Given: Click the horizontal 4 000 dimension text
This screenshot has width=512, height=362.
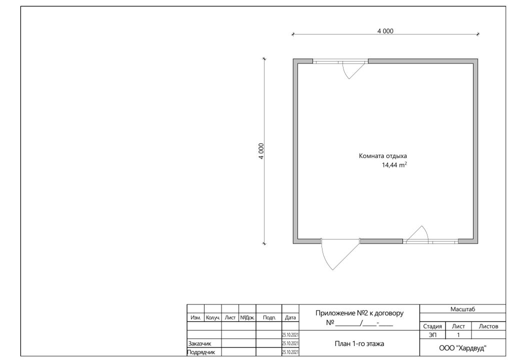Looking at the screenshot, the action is click(385, 31).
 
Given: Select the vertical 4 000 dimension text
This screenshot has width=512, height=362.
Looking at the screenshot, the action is click(261, 151).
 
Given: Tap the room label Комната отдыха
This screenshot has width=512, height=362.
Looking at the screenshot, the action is click(382, 156).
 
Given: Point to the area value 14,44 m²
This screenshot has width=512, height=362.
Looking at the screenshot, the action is click(394, 165).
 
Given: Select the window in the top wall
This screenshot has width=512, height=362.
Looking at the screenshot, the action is click(340, 61).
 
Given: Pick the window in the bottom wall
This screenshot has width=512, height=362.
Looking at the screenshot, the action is click(430, 241).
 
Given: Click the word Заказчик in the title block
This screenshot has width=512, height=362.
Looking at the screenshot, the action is click(199, 343).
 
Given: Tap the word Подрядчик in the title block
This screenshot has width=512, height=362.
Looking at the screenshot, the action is click(201, 352).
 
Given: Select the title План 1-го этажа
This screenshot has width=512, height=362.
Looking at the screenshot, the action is click(359, 343).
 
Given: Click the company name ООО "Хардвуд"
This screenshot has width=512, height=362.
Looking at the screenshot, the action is click(462, 348).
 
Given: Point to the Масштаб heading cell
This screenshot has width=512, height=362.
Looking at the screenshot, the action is click(462, 309).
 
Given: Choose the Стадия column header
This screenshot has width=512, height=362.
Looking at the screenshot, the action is click(432, 326).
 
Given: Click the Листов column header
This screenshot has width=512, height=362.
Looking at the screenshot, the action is click(488, 326).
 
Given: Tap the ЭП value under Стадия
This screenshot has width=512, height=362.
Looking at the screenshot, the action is click(432, 335).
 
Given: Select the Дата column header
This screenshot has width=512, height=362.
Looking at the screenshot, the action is click(290, 317).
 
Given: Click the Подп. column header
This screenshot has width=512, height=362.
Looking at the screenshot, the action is click(269, 317).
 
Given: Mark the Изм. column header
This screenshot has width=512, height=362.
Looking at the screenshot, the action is click(195, 317).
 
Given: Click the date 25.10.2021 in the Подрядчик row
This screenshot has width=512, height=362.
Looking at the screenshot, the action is click(290, 352).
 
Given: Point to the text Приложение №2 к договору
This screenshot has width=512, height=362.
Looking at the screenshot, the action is click(359, 313).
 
